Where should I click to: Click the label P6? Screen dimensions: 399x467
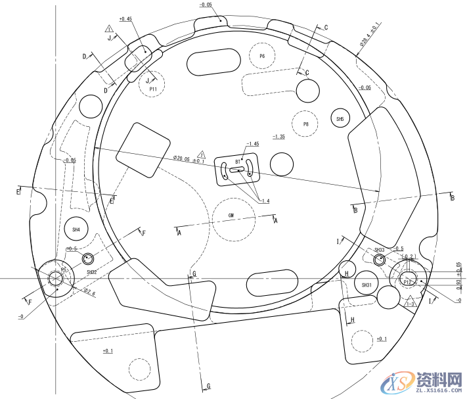(x=262, y=57)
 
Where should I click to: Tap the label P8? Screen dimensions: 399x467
(x=305, y=124)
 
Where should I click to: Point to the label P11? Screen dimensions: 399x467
(x=153, y=88)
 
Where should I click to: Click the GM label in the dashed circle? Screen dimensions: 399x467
(x=231, y=216)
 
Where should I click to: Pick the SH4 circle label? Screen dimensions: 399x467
(x=76, y=229)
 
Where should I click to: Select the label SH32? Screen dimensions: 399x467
(x=92, y=271)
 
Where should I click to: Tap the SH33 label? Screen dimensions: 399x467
(x=380, y=250)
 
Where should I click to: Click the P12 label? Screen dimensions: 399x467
(x=408, y=281)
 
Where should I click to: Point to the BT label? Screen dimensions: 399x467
(x=238, y=161)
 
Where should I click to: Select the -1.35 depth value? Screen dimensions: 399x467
(x=278, y=137)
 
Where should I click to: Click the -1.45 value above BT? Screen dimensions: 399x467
(x=252, y=143)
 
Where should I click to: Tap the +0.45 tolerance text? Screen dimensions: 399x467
(x=125, y=19)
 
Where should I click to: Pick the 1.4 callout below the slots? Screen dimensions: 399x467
(x=265, y=200)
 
